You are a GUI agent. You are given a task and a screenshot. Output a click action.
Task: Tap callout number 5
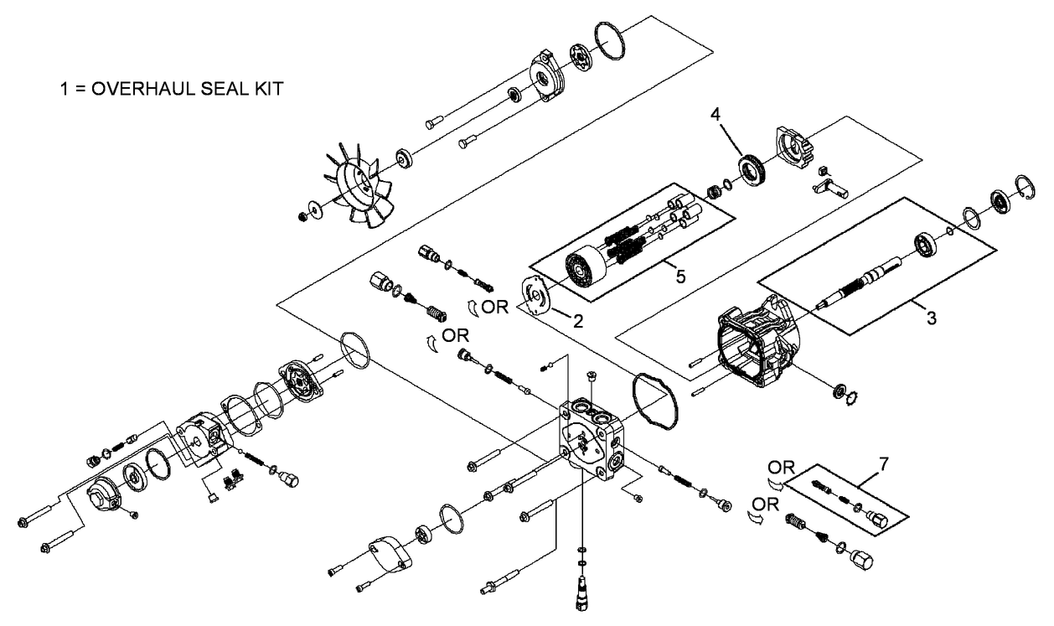pos(679,274)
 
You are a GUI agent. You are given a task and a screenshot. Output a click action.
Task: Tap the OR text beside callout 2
pos(494,307)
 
